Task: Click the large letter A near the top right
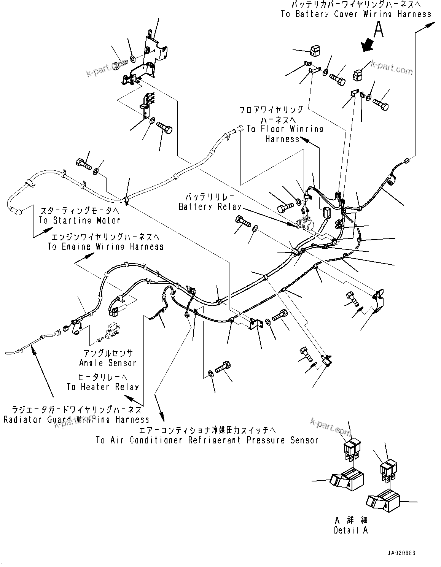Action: click(x=378, y=30)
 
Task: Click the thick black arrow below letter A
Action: click(x=368, y=44)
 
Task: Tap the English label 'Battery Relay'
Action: click(x=210, y=207)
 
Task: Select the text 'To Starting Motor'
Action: click(x=80, y=220)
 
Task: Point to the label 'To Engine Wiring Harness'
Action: click(x=105, y=246)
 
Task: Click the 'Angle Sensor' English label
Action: click(x=108, y=363)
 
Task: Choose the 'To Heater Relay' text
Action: click(x=103, y=387)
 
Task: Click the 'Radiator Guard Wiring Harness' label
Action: click(x=76, y=419)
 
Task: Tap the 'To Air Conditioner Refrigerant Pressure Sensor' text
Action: click(x=207, y=440)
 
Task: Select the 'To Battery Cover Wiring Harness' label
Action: click(x=356, y=14)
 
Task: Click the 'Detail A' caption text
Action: click(x=351, y=530)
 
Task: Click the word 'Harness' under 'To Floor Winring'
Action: click(x=283, y=139)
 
